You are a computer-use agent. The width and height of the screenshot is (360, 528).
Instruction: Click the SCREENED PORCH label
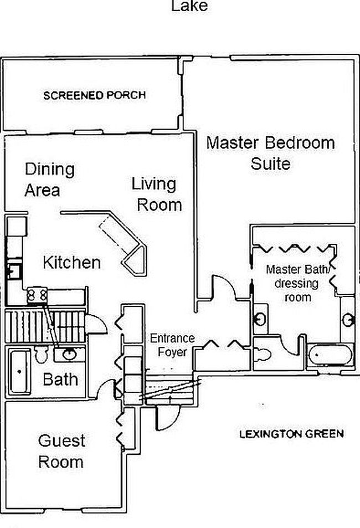(95, 95)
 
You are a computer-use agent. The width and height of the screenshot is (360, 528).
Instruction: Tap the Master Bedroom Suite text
(270, 153)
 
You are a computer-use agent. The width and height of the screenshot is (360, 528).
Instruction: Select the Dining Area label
(49, 180)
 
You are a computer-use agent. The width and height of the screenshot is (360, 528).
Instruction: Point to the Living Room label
(157, 194)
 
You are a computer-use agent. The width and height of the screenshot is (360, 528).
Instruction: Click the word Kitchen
(72, 262)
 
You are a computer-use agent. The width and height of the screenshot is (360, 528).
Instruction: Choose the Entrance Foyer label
(172, 345)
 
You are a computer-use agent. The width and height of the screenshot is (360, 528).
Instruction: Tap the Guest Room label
(61, 451)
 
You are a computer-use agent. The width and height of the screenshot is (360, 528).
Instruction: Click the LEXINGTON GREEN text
(292, 433)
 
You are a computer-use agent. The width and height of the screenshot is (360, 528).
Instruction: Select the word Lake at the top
(189, 6)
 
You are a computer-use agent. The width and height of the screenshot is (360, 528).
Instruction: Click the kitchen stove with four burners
(37, 295)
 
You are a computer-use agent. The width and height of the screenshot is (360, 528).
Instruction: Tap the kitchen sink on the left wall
(14, 271)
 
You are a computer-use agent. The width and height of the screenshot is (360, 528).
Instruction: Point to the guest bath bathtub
(20, 371)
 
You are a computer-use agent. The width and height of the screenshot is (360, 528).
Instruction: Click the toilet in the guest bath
(42, 355)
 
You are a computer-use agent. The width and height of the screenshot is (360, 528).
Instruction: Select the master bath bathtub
(330, 355)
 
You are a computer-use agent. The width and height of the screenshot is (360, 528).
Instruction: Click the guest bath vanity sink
(69, 354)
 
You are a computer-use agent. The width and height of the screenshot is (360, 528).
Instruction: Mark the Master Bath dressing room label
(297, 283)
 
